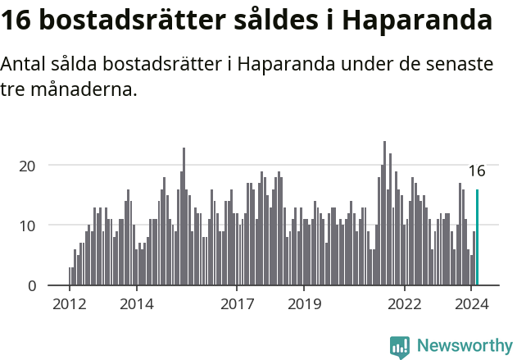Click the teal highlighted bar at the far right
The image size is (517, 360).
click(477, 238)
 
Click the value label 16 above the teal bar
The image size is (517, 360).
click(477, 171)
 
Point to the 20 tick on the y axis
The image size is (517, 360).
click(28, 165)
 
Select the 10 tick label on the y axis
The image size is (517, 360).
click(28, 226)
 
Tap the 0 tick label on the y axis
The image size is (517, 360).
click(32, 285)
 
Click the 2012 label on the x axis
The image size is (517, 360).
click(69, 304)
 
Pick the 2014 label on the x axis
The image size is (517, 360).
click(136, 304)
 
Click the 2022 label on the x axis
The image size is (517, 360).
click(405, 304)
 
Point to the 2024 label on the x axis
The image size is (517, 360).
click(472, 304)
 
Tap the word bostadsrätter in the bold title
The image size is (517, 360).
click(126, 21)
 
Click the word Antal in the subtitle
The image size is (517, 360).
click(26, 64)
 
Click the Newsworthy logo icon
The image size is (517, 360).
click(400, 347)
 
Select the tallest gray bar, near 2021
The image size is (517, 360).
click(384, 213)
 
